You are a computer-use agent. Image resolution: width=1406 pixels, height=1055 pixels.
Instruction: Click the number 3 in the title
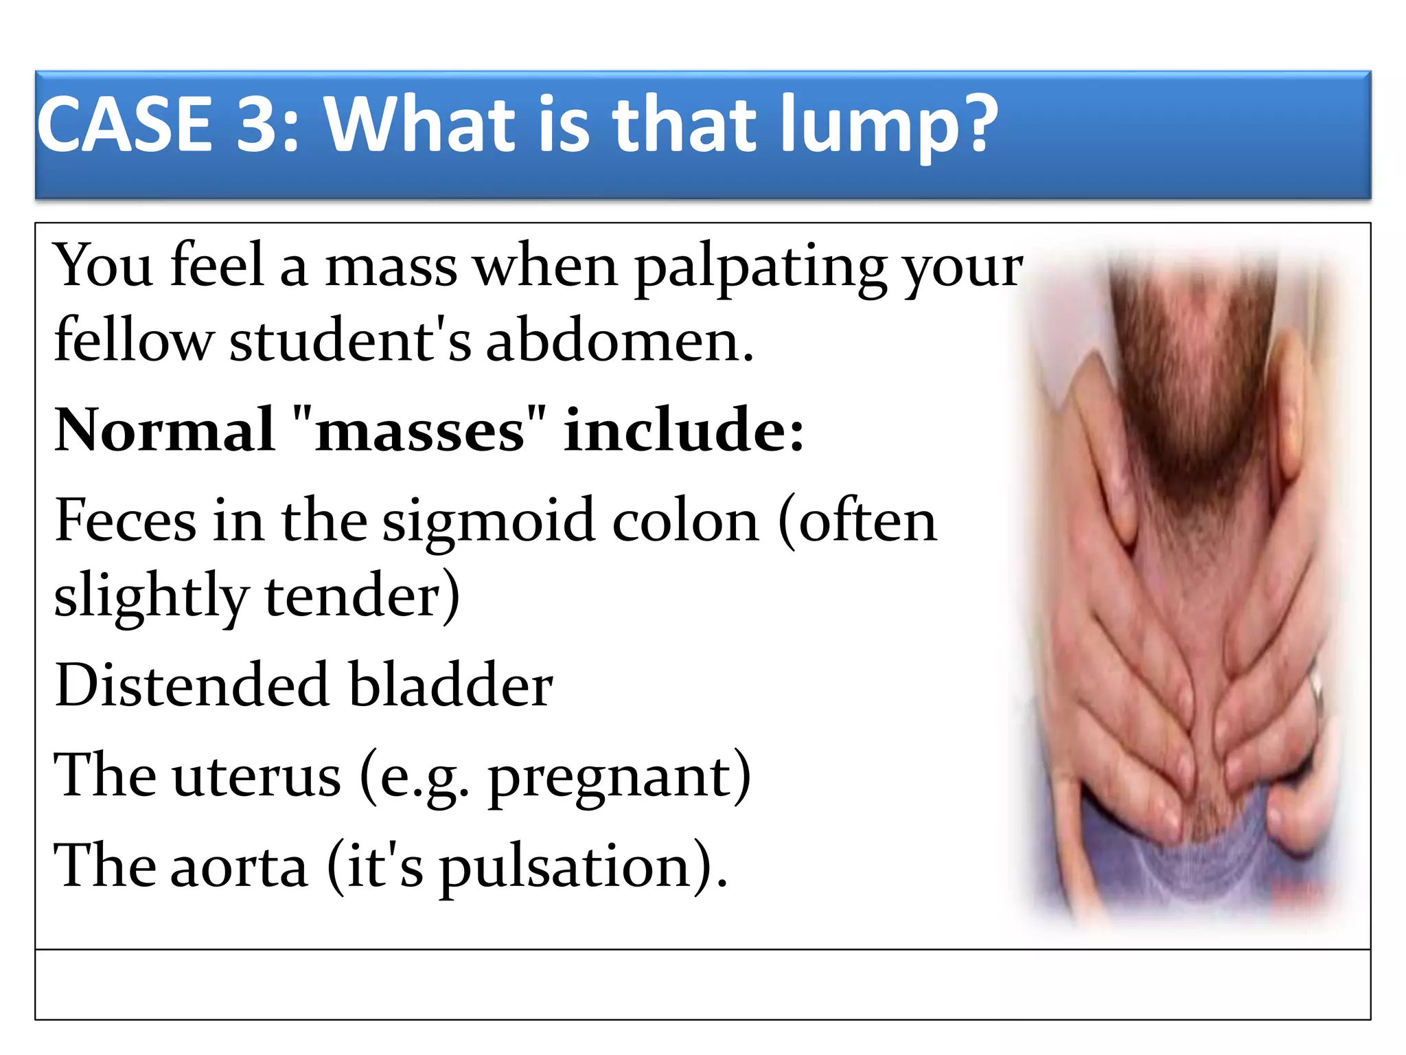pyautogui.click(x=257, y=125)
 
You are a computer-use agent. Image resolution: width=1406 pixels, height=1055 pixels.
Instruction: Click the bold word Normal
pyautogui.click(x=165, y=431)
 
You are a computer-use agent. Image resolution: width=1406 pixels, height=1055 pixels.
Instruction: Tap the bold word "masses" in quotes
pyautogui.click(x=419, y=431)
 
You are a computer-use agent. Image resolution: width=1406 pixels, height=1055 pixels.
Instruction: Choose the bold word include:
pyautogui.click(x=683, y=431)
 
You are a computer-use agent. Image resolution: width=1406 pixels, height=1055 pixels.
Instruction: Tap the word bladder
pyautogui.click(x=450, y=685)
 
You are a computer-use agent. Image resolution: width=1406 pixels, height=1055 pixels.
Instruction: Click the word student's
pyautogui.click(x=350, y=341)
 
